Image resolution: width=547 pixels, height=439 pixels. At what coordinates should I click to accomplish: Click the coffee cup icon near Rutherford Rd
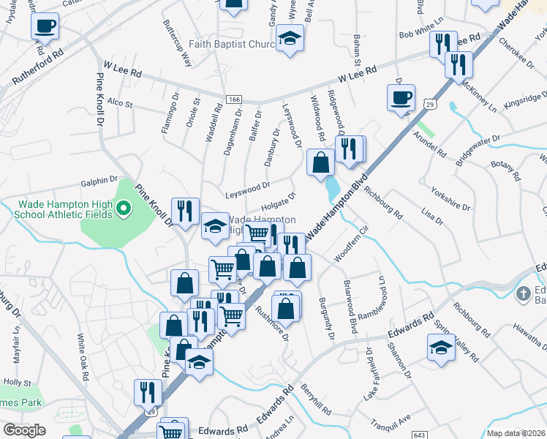[45, 27]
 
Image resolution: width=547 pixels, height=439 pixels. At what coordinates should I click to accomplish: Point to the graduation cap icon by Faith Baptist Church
[290, 40]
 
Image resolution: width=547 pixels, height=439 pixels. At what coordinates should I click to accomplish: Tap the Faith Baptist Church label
[231, 44]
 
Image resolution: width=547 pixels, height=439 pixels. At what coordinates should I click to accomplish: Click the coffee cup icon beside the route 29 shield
[400, 98]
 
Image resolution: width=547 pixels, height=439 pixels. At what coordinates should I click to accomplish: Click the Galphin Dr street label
[99, 180]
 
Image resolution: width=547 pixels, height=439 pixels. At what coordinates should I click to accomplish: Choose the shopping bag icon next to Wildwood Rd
[320, 163]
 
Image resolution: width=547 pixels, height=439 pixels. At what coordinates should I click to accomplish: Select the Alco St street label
[119, 104]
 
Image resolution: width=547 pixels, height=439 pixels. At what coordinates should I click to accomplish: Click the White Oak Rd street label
[83, 356]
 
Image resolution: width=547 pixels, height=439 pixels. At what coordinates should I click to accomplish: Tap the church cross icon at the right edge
[523, 294]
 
